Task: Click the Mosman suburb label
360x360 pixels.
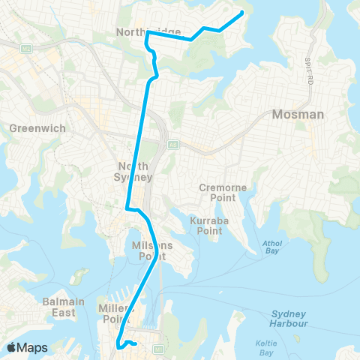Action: point(298,115)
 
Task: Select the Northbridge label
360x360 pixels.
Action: point(148,32)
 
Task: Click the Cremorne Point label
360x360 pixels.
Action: point(218,192)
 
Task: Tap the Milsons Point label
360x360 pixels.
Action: point(151,250)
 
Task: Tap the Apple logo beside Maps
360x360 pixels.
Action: point(12,347)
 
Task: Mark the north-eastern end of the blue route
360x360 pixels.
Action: point(242,13)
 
